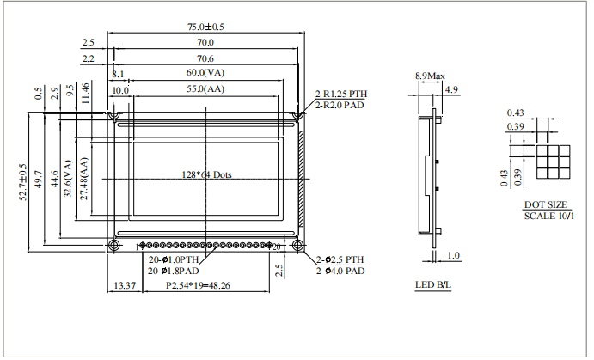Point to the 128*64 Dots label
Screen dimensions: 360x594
coord(207,174)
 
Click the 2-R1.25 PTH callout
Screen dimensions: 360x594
coord(340,94)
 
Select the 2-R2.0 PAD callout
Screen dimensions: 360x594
coord(340,105)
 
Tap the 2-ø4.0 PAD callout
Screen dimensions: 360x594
coord(340,271)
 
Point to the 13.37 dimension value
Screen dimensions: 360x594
coord(125,285)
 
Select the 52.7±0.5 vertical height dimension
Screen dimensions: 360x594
coord(23,183)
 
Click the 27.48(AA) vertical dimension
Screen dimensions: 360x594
coord(83,179)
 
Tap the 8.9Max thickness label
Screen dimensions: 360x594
coord(430,76)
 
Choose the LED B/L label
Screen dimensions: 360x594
coord(432,284)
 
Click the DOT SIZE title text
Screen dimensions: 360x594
coord(545,205)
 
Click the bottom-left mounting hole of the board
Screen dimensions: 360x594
coord(113,247)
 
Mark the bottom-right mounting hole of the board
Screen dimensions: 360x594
coord(297,247)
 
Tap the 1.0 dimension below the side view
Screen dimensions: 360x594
coord(454,255)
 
